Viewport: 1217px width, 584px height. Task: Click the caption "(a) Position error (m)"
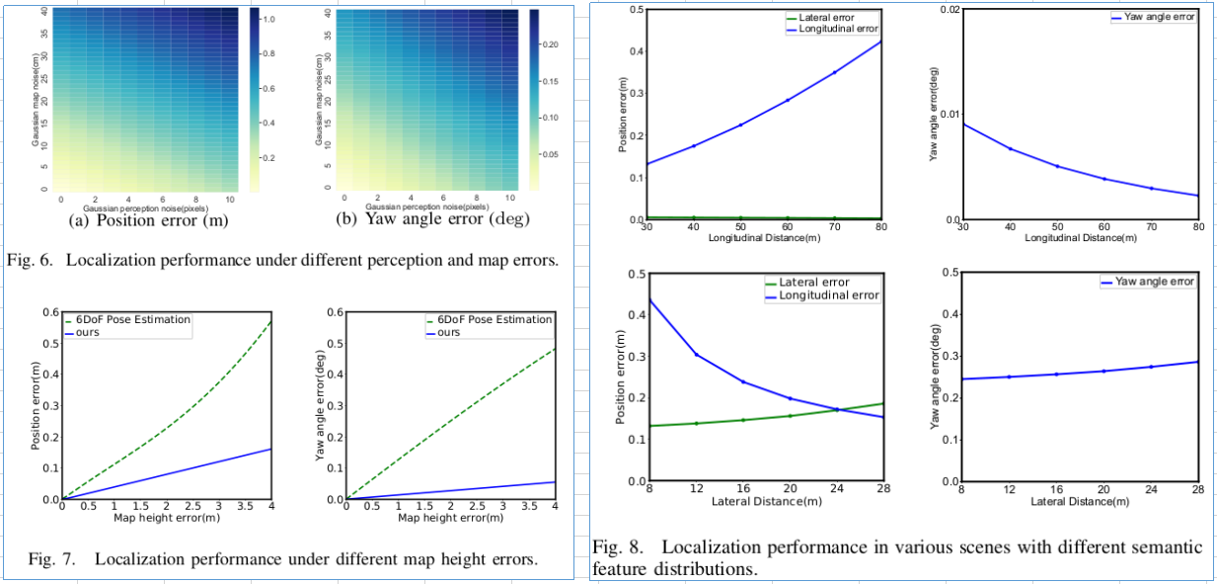[x=149, y=220]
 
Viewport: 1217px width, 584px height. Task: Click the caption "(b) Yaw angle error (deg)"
[x=434, y=220]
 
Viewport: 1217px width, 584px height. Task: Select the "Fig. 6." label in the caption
[x=31, y=261]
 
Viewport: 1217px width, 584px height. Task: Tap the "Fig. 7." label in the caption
[x=52, y=558]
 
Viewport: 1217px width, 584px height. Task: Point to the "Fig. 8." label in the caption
[x=620, y=546]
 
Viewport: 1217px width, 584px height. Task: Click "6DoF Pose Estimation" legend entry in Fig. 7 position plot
[x=133, y=319]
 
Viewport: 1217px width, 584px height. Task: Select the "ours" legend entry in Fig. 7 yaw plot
[x=449, y=333]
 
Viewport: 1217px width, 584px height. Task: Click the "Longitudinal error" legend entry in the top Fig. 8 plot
[x=832, y=30]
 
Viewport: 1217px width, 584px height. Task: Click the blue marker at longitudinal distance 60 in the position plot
[x=787, y=100]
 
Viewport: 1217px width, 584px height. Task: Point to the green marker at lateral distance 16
[x=742, y=420]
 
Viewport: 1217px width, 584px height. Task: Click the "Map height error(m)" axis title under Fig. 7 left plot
[x=166, y=517]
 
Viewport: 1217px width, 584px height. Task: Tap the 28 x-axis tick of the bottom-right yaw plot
[x=1197, y=490]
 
